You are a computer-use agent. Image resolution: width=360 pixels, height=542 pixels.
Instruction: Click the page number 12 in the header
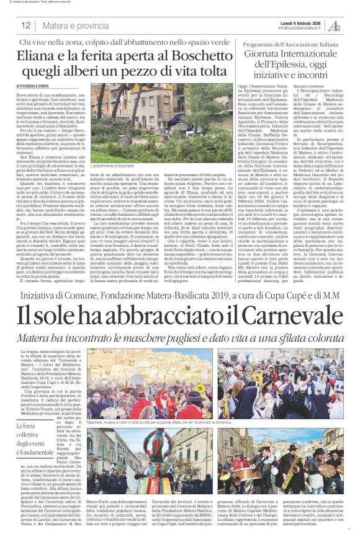[x=25, y=25]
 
